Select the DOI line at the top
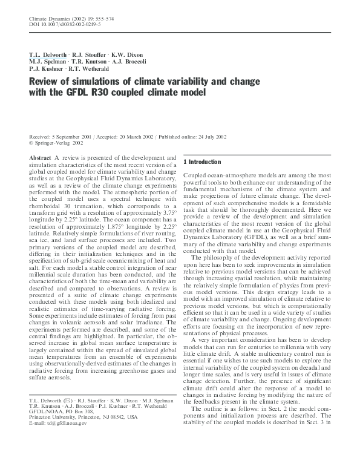59,26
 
